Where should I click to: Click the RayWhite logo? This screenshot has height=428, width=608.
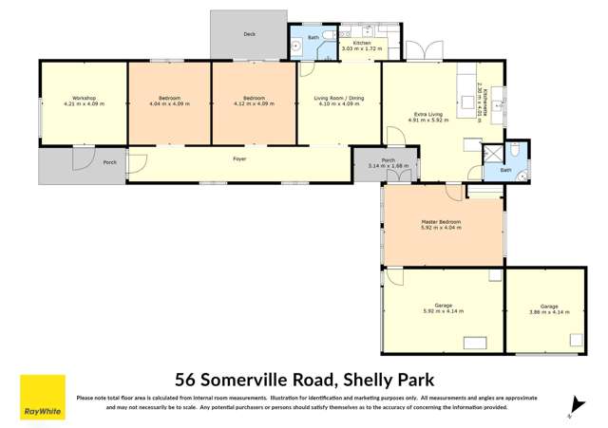(43, 398)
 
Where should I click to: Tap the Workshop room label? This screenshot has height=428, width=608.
(83, 99)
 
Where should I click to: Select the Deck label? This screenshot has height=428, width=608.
(249, 34)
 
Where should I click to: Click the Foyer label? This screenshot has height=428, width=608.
(239, 158)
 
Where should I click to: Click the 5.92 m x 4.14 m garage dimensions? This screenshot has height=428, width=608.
(441, 311)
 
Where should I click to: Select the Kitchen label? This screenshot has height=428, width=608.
(362, 43)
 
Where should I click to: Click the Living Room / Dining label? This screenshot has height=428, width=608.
(339, 99)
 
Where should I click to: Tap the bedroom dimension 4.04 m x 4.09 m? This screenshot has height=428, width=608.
(170, 103)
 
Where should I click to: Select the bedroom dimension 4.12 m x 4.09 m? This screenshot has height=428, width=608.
(253, 103)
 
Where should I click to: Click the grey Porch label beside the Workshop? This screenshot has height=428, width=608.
(109, 161)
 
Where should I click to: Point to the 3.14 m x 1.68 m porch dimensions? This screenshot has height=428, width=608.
(388, 166)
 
